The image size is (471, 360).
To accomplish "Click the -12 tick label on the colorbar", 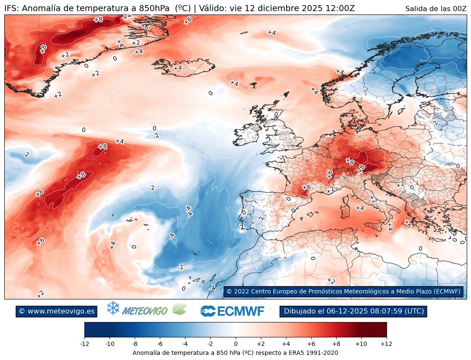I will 84,343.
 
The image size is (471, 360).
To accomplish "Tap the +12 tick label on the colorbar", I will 386,343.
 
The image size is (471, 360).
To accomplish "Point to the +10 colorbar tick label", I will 361,343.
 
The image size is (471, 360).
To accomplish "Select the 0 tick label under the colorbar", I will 236,343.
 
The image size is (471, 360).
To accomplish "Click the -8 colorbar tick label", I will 135,343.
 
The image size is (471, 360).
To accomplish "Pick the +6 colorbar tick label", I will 311,343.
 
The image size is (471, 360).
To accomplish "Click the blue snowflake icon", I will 113,308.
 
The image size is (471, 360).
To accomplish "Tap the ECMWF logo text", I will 233,311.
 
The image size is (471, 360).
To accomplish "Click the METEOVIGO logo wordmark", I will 144,311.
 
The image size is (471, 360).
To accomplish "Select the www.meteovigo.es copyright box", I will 56,311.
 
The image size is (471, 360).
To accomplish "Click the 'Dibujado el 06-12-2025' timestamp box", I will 353,311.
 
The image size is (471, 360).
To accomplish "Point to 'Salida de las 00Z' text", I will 436,9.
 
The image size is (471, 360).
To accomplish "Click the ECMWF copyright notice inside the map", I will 343,291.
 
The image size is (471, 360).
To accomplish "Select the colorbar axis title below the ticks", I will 235,353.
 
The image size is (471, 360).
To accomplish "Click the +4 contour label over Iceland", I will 178,68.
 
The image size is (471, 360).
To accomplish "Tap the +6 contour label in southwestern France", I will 306,188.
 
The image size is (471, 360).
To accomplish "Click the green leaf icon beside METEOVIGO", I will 179,309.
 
